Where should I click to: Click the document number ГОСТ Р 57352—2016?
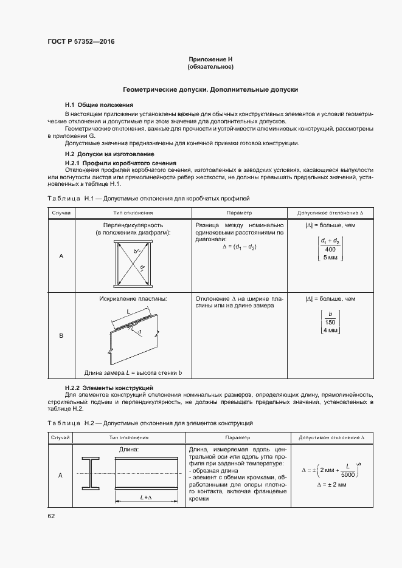click(81, 42)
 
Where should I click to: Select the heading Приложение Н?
click(210, 59)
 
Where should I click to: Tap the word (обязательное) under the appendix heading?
click(210, 66)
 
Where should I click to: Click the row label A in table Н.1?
click(61, 256)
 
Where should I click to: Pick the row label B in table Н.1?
click(61, 335)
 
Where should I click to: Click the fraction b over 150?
click(330, 317)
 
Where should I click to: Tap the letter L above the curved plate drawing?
click(128, 311)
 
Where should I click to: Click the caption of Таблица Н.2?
click(150, 422)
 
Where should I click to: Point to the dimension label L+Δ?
click(145, 497)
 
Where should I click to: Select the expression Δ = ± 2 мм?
click(332, 485)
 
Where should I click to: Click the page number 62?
click(51, 516)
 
